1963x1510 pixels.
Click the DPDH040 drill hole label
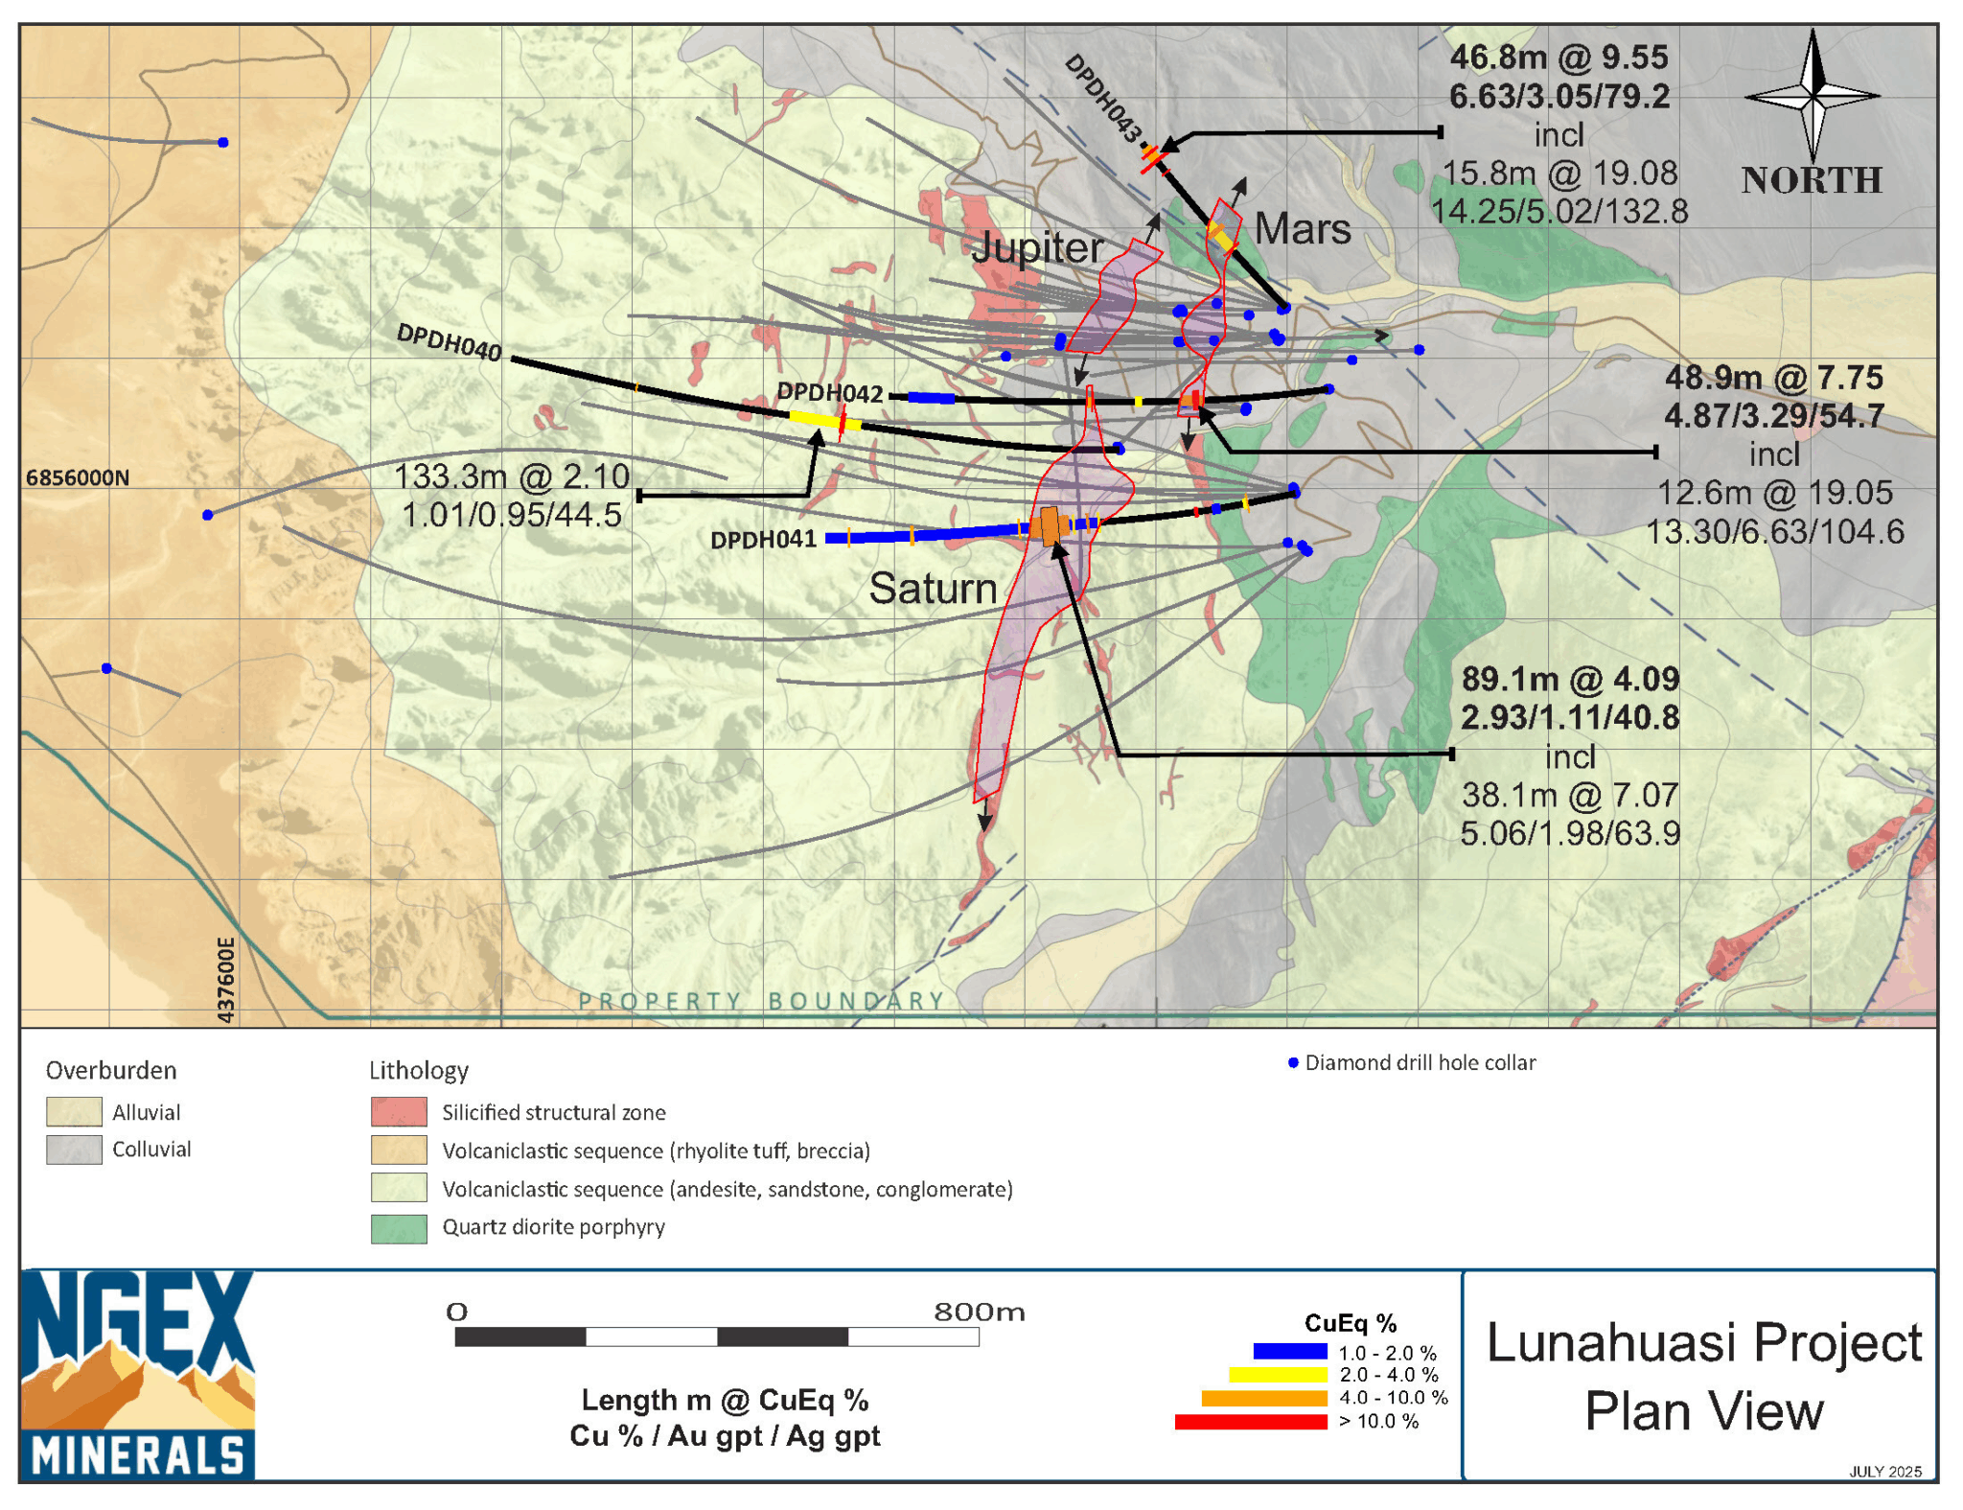[x=449, y=342]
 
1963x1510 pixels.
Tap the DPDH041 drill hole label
[x=762, y=540]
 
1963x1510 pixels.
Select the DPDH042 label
[x=829, y=393]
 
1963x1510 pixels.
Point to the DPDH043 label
[x=1104, y=99]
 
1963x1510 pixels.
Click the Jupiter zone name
[x=1037, y=247]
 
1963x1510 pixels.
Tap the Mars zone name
[x=1302, y=229]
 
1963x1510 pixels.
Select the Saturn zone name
[x=933, y=588]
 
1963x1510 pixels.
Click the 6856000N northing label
[x=77, y=477]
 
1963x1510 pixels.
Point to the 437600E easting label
[x=226, y=980]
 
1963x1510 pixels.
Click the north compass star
[x=1812, y=96]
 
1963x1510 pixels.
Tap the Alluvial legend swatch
[x=74, y=1111]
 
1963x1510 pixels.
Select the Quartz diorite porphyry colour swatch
[x=399, y=1228]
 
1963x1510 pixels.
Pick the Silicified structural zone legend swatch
[x=399, y=1112]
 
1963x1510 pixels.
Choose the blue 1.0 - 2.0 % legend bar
[x=1289, y=1352]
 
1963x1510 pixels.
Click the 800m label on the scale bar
[x=979, y=1312]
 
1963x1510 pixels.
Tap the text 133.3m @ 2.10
[x=512, y=476]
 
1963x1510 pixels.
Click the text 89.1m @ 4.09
[x=1569, y=679]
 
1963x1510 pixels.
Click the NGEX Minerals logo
[x=137, y=1374]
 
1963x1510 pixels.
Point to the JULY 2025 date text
[x=1884, y=1472]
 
